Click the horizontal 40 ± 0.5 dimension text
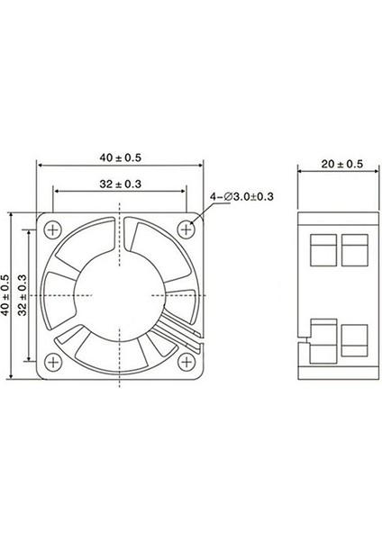pos(120,157)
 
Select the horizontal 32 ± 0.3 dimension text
pos(120,184)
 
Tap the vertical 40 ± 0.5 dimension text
pos(7,294)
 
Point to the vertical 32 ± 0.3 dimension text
pos(24,294)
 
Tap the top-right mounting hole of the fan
pos(186,229)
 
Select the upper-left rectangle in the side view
pos(320,249)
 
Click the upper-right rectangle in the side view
pos(354,249)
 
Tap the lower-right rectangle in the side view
pos(354,341)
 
